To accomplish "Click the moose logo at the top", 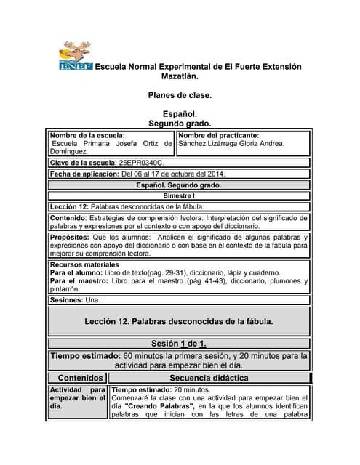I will [x=75, y=56].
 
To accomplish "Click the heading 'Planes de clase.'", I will [x=180, y=95].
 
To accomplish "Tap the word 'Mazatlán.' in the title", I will [x=180, y=76].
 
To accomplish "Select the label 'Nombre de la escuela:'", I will [x=87, y=135].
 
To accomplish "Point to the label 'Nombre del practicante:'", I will [x=218, y=135].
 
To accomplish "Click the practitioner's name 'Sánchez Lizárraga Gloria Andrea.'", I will [x=231, y=144].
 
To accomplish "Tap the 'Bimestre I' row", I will [x=179, y=195].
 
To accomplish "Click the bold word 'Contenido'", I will [x=66, y=218].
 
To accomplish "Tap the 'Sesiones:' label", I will [x=67, y=299].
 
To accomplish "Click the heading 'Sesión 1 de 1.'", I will [x=179, y=343].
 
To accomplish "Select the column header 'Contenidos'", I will [x=80, y=378].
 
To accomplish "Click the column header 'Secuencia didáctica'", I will [x=209, y=378].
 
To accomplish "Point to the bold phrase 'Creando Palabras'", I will [x=166, y=406].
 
